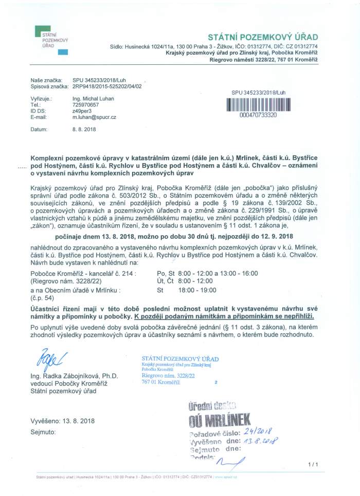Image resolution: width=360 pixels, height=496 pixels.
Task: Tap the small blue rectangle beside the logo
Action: (x=63, y=52)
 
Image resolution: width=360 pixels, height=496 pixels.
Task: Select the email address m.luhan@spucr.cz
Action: (x=94, y=117)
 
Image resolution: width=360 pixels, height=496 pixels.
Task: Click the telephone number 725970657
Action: (x=85, y=104)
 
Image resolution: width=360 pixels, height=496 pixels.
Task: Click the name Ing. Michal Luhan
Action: (x=93, y=98)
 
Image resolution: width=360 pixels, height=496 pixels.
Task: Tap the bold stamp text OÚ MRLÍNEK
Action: (x=220, y=419)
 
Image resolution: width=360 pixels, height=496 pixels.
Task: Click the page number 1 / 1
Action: (x=313, y=465)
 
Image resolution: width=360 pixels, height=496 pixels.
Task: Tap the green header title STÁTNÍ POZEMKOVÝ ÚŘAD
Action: (x=263, y=37)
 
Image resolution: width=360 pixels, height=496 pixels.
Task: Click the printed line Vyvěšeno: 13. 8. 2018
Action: (x=63, y=421)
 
